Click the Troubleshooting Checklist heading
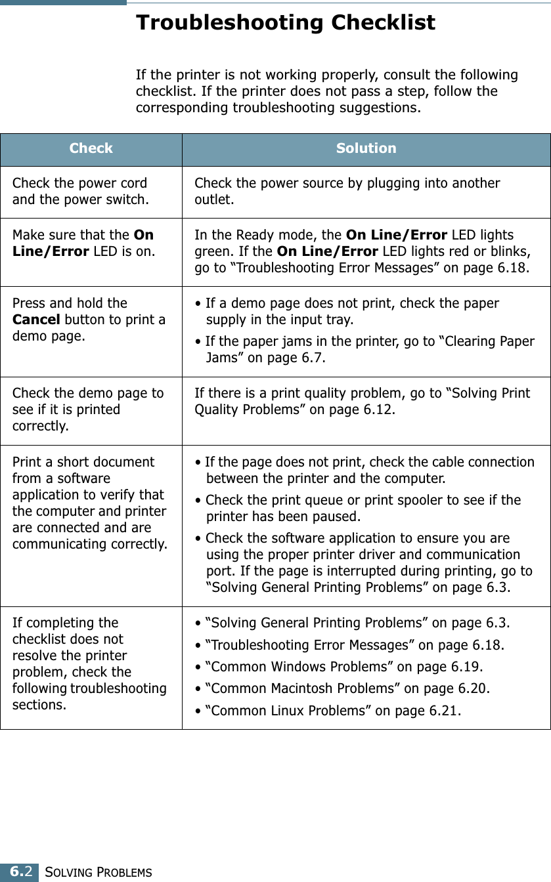pyautogui.click(x=285, y=23)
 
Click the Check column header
pyautogui.click(x=91, y=148)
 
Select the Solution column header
pyautogui.click(x=366, y=148)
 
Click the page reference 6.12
pyautogui.click(x=378, y=409)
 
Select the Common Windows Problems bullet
pyautogui.click(x=339, y=667)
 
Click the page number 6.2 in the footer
pyautogui.click(x=20, y=872)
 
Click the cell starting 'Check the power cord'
pyautogui.click(x=80, y=191)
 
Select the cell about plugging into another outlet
pyautogui.click(x=347, y=191)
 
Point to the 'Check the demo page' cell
pyautogui.click(x=88, y=409)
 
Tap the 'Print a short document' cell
pyautogui.click(x=89, y=503)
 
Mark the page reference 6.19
pyautogui.click(x=465, y=667)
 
